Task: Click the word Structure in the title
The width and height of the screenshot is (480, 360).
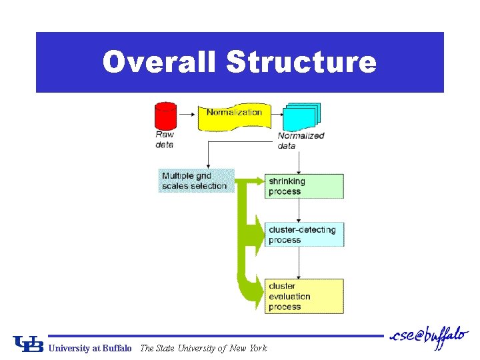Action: [x=301, y=62]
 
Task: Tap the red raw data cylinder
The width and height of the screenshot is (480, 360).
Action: [x=165, y=116]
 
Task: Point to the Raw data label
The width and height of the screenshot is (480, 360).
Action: [x=165, y=139]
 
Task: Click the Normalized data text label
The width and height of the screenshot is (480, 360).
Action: [x=301, y=141]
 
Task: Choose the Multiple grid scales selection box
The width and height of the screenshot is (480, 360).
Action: [x=196, y=181]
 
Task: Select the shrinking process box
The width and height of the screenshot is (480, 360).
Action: [x=304, y=186]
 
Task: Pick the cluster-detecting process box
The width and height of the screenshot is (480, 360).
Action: [x=304, y=235]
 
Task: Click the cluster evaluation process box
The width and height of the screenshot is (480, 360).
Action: [x=304, y=296]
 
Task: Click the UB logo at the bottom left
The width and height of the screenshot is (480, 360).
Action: [x=28, y=343]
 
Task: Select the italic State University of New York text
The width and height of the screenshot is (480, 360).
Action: [x=203, y=348]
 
